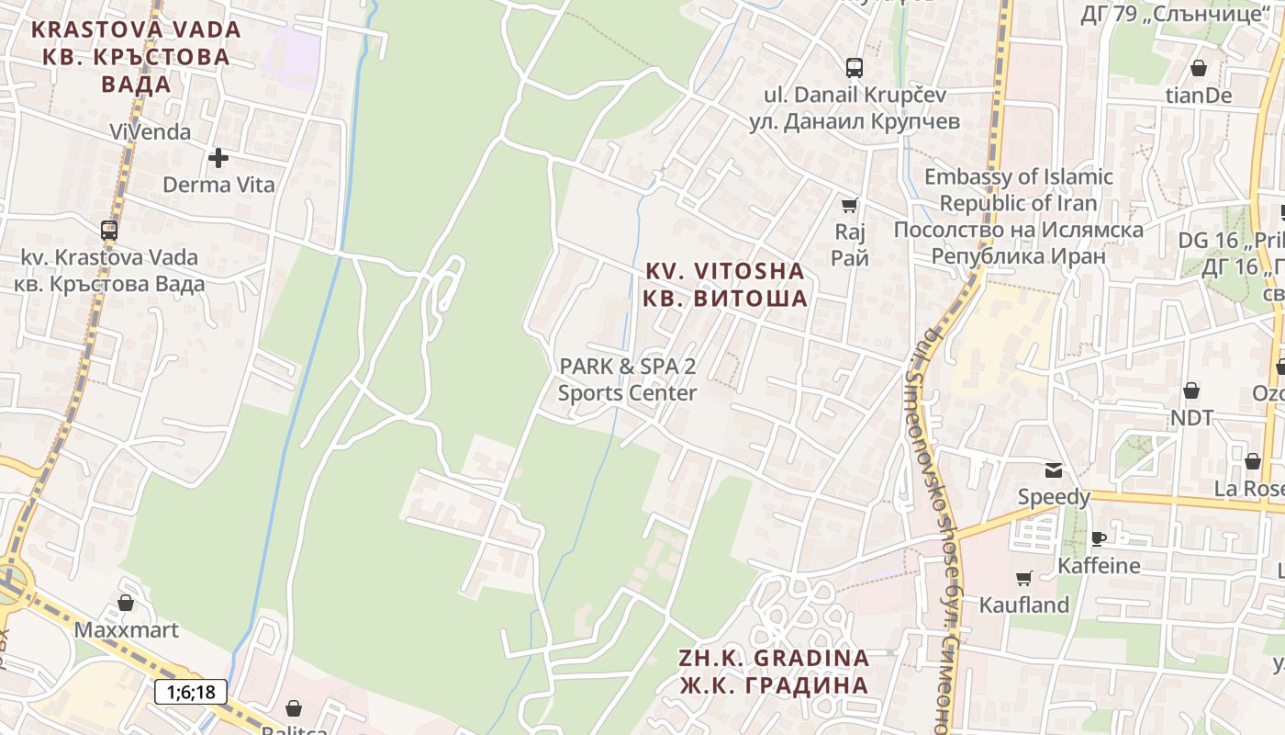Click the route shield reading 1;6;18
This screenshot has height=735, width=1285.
point(191,691)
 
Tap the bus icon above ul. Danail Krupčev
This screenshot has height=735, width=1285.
point(855,67)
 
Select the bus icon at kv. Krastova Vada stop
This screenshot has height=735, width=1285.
point(109,230)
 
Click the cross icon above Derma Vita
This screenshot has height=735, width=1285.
point(218,158)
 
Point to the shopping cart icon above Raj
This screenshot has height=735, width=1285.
point(850,205)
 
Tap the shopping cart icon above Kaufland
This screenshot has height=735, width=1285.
point(1024,578)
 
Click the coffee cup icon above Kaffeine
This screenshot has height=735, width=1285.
point(1099,538)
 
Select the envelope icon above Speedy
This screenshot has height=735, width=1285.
point(1054,470)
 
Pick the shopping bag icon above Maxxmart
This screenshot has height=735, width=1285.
point(126,603)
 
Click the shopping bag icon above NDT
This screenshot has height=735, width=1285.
point(1191,390)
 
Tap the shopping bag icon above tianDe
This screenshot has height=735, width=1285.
point(1199,68)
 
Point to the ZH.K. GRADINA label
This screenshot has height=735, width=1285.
point(774,672)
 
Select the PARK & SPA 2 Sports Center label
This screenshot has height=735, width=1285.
point(628,379)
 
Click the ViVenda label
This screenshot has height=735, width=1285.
point(151,131)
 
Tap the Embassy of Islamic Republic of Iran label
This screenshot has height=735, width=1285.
point(1019,216)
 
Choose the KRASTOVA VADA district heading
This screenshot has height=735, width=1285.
point(136,56)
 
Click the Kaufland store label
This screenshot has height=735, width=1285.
point(1024,605)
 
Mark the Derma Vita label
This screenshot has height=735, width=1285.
point(218,185)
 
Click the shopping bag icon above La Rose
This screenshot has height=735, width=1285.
point(1252,461)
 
